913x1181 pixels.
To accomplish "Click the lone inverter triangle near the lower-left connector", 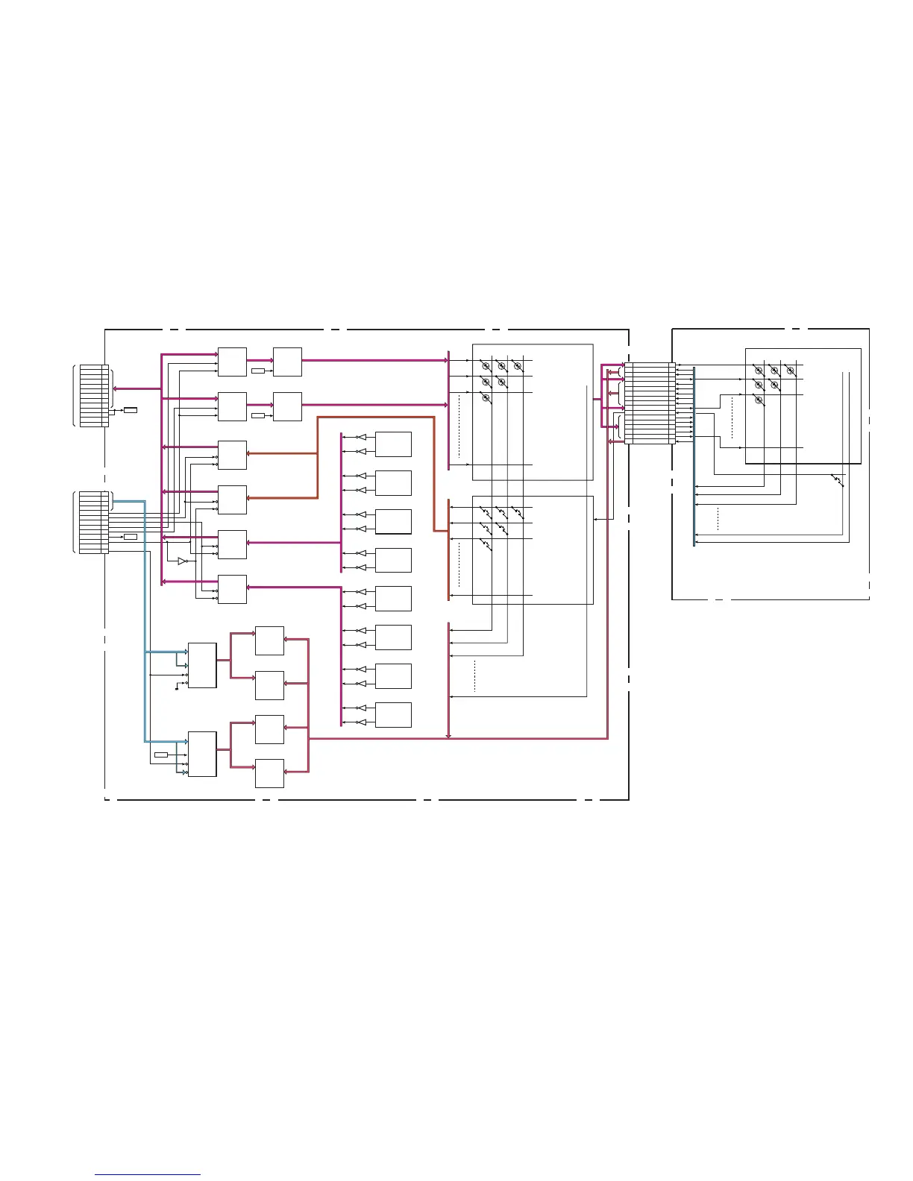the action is pyautogui.click(x=182, y=561).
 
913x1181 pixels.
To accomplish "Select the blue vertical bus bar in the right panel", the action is pyautogui.click(x=694, y=455).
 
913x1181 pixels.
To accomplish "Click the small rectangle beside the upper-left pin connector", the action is pyautogui.click(x=131, y=410).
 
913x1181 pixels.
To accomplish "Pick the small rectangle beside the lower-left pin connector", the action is pyautogui.click(x=131, y=537).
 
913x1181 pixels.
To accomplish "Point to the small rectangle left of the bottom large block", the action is pyautogui.click(x=161, y=755).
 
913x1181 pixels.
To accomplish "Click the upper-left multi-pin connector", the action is pyautogui.click(x=94, y=396).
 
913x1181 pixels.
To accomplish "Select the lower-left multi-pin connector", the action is pyautogui.click(x=94, y=522).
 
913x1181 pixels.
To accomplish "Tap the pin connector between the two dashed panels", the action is pyautogui.click(x=650, y=403).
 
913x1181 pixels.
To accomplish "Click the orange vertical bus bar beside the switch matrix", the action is pyautogui.click(x=448, y=549).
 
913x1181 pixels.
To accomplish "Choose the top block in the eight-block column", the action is pyautogui.click(x=393, y=444).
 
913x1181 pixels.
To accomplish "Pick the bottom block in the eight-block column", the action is pyautogui.click(x=393, y=715).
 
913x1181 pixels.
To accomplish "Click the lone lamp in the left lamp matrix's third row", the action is pyautogui.click(x=486, y=400).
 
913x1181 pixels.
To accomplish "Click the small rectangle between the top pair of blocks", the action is pyautogui.click(x=258, y=371).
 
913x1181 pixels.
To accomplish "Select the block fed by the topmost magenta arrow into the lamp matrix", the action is pyautogui.click(x=287, y=362).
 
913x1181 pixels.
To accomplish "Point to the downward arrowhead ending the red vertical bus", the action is pyautogui.click(x=448, y=736).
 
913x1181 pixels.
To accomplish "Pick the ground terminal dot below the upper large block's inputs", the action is pyautogui.click(x=176, y=690).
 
